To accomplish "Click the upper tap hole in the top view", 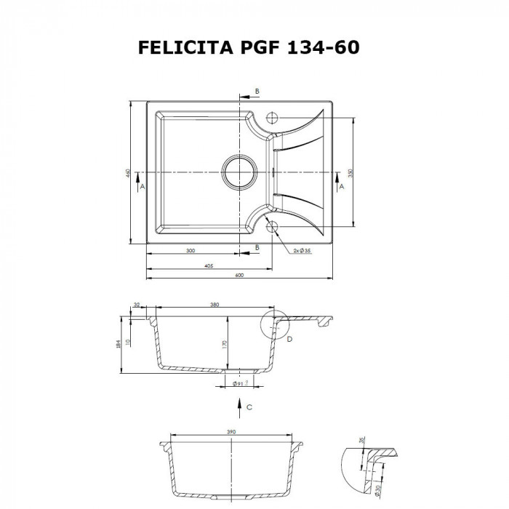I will point(274,119).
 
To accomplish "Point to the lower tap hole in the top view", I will point(274,227).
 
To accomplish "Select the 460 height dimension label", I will point(127,173).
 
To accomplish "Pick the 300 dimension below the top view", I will point(191,250).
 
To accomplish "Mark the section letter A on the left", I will point(142,186).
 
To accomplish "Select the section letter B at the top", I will point(257,91).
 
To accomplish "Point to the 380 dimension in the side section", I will point(215,305).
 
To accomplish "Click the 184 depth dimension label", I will point(119,345).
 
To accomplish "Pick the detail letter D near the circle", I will point(289,339).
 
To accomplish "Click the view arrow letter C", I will point(249,407).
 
